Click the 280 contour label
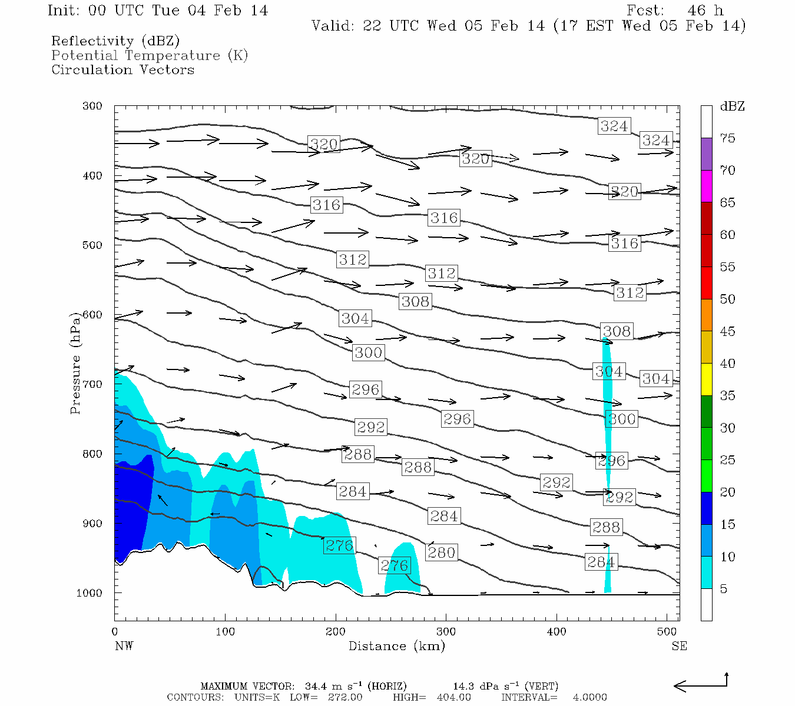[441, 552]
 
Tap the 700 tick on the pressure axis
[92, 384]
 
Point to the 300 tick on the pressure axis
[92, 106]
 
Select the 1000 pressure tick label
[90, 593]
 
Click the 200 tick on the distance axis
[336, 631]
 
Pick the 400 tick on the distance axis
[556, 631]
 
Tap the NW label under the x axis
[124, 646]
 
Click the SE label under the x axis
[679, 646]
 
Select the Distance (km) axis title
[396, 646]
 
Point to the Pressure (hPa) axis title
[75, 362]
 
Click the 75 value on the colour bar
[727, 138]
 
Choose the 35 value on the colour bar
[727, 395]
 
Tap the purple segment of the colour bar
[706, 154]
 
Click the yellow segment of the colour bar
[706, 379]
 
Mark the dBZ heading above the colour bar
[732, 106]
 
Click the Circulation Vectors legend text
[122, 69]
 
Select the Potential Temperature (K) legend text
[150, 55]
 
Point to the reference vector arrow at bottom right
[701, 684]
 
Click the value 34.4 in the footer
[317, 686]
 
